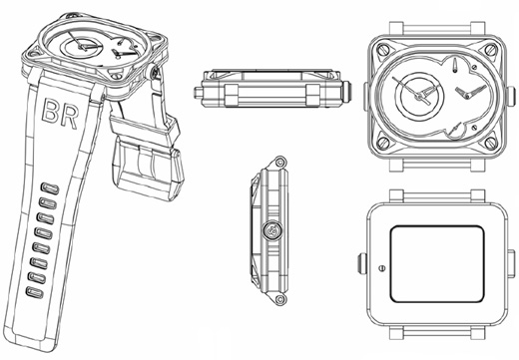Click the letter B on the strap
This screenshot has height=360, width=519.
click(x=50, y=110)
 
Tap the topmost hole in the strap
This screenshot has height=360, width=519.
click(x=50, y=188)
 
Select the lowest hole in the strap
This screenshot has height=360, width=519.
click(x=35, y=292)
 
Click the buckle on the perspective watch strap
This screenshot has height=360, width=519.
click(x=148, y=170)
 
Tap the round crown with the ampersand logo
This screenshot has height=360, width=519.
click(x=272, y=230)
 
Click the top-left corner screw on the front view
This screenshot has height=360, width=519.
click(x=383, y=50)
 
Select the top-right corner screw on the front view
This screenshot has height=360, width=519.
click(x=491, y=50)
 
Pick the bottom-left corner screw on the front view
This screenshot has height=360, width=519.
click(x=383, y=143)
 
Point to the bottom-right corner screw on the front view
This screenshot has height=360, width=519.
click(x=491, y=143)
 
